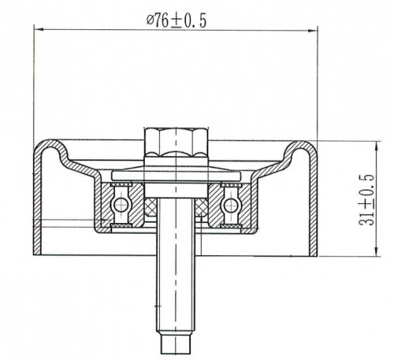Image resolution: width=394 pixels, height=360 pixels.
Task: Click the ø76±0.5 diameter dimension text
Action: pyautogui.click(x=177, y=20)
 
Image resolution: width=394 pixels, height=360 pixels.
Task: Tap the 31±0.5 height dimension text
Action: pyautogui.click(x=367, y=199)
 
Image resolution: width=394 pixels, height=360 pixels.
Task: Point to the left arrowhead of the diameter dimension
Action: pyautogui.click(x=39, y=29)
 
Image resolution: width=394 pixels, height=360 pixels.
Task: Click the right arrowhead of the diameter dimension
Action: pyautogui.click(x=313, y=31)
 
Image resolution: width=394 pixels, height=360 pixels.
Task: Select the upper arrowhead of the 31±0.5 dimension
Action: pyautogui.click(x=377, y=146)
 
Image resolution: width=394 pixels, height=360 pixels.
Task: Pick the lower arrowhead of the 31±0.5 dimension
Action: pyautogui.click(x=377, y=251)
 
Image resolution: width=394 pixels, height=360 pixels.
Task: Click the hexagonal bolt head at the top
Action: pyautogui.click(x=177, y=141)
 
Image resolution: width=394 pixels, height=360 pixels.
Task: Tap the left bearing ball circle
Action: pyautogui.click(x=121, y=203)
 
